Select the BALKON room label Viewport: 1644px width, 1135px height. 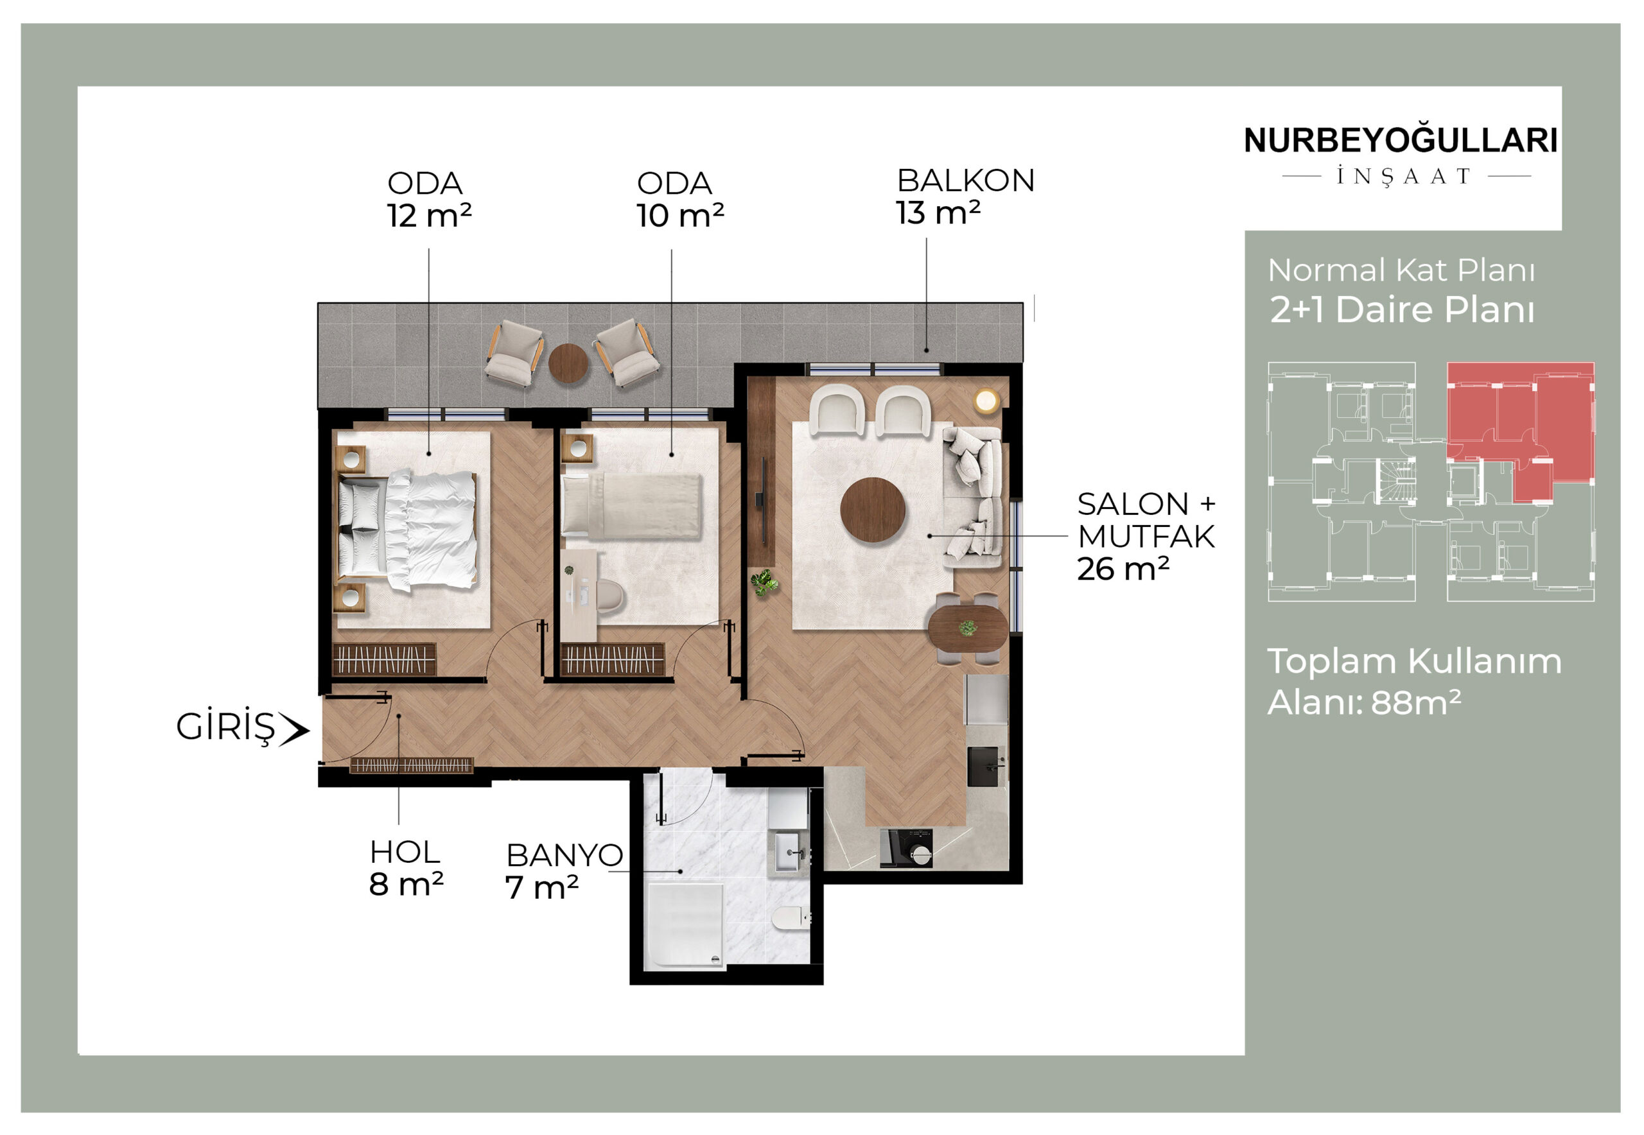click(x=965, y=180)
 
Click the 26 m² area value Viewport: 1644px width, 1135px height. click(x=1123, y=569)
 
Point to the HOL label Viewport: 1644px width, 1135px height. click(x=405, y=852)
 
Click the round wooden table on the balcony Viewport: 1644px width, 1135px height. click(x=568, y=363)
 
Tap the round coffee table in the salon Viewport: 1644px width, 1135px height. click(x=873, y=509)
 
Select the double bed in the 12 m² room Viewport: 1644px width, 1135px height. click(x=407, y=530)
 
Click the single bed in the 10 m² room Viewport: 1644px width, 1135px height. click(x=632, y=507)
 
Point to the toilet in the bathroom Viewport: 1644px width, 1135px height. click(x=790, y=917)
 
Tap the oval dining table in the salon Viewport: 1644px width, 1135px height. click(x=968, y=628)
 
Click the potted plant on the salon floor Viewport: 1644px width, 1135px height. click(x=764, y=582)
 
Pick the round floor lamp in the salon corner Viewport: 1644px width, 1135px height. click(x=986, y=401)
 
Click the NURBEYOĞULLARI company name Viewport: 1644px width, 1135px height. click(x=1400, y=139)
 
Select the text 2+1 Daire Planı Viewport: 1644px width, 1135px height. click(x=1402, y=310)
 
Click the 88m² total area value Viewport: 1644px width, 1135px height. click(x=1415, y=702)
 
